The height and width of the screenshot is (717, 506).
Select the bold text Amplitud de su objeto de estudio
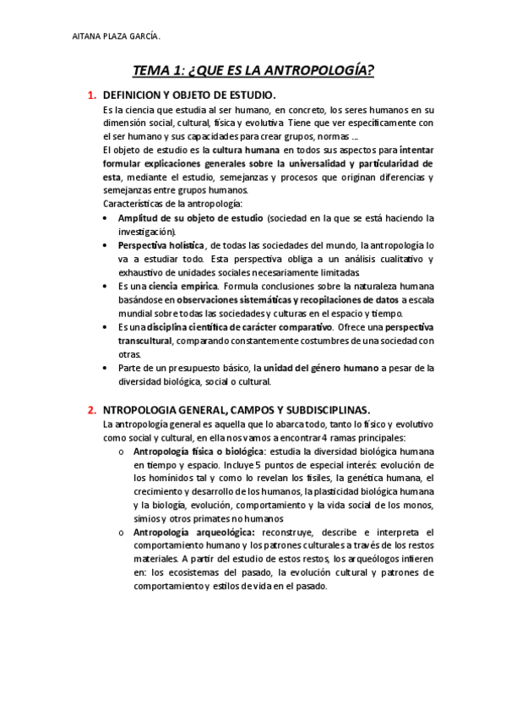click(190, 218)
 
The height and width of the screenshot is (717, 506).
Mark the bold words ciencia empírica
click(178, 286)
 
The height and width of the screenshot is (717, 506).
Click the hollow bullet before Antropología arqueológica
click(122, 533)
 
